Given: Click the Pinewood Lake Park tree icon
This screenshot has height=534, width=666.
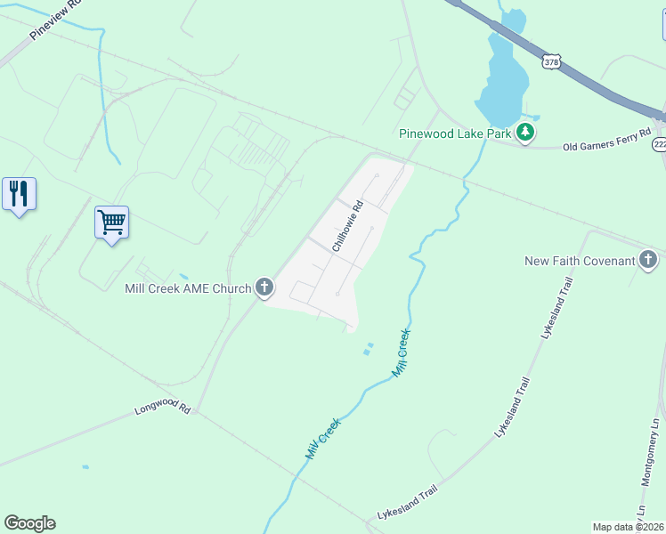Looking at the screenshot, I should (x=526, y=133).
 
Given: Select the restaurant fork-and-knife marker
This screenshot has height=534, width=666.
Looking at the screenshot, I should (x=19, y=193).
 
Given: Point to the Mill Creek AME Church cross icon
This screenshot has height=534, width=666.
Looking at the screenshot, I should (x=264, y=287).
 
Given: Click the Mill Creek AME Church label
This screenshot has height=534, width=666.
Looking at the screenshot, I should (x=188, y=287).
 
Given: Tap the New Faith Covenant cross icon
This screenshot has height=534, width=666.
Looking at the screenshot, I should (x=648, y=260).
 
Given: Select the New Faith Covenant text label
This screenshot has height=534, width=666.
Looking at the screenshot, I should (x=580, y=261).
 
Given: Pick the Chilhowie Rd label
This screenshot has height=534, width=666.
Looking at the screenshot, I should (x=348, y=226).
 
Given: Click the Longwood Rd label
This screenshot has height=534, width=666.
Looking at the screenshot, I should (x=163, y=410).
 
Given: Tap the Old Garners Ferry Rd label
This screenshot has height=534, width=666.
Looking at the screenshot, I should (x=606, y=145).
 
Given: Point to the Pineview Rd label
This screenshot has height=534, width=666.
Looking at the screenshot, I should (x=56, y=20).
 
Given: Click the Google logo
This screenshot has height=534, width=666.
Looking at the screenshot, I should (x=29, y=523).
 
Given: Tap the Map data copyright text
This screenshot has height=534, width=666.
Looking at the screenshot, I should (x=628, y=527).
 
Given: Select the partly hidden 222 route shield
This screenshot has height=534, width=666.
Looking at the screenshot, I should (x=660, y=144).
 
